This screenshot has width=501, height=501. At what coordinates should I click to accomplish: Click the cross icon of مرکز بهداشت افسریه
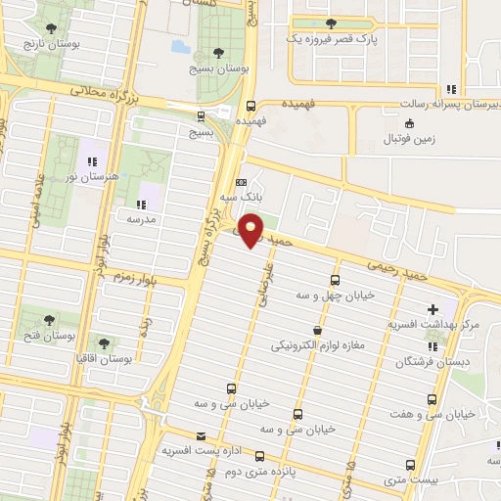pyautogui.click(x=433, y=310)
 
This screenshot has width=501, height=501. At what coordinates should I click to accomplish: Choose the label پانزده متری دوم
pyautogui.click(x=258, y=471)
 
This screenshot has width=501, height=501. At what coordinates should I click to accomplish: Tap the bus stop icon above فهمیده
pyautogui.click(x=251, y=108)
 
